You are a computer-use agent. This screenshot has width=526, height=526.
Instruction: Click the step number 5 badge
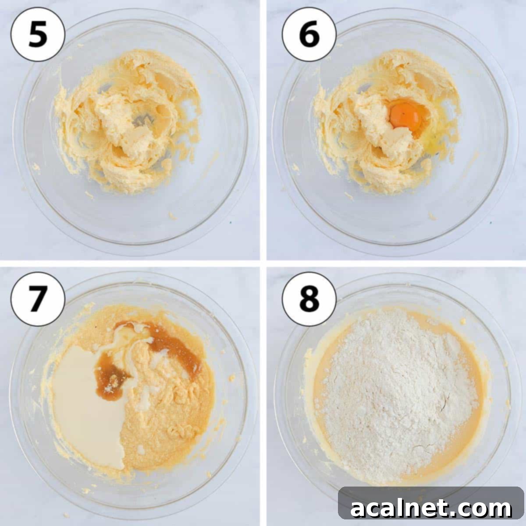pyautogui.click(x=38, y=35)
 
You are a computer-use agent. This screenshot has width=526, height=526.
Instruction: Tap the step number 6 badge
pyautogui.click(x=309, y=35)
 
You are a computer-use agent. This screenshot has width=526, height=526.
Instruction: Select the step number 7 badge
pyautogui.click(x=38, y=299)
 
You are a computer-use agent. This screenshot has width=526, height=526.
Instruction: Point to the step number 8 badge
pyautogui.click(x=309, y=299)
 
